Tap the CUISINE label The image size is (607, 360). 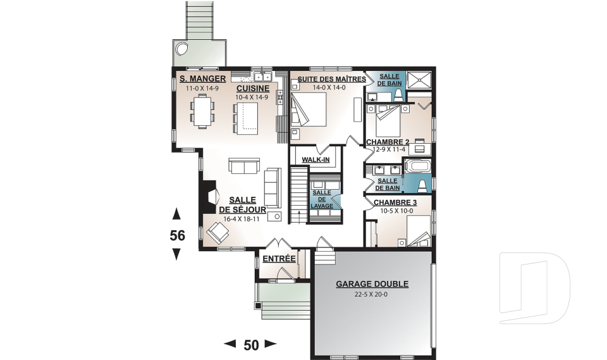tap(253, 89)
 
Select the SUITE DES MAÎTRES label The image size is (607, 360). tap(331, 79)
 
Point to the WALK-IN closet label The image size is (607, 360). tap(316, 159)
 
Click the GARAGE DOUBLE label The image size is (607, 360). tap(372, 284)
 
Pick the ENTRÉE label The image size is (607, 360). tap(279, 259)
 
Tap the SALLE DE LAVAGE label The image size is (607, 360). tap(322, 199)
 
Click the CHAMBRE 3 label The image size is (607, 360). tap(395, 202)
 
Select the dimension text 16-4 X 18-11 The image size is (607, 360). tap(241, 219)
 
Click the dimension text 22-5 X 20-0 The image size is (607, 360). tap(371, 294)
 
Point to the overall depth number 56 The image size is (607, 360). tap(178, 235)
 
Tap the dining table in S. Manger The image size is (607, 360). tap(202, 111)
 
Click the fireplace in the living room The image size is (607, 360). tap(209, 197)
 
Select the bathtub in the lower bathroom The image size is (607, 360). tap(417, 166)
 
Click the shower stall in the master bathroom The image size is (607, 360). tap(419, 80)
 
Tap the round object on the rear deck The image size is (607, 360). tap(181, 49)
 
